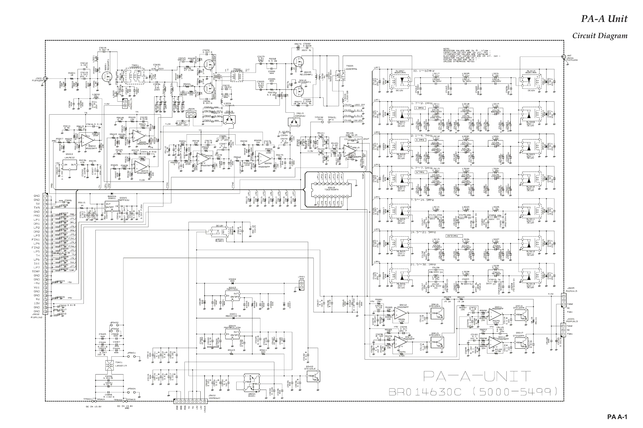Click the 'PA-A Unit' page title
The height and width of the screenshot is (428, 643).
(604, 19)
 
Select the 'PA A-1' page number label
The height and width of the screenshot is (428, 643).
(617, 417)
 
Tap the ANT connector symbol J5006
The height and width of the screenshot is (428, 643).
(563, 57)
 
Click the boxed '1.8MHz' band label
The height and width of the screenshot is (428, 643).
(420, 108)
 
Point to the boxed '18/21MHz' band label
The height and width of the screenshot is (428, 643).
(452, 236)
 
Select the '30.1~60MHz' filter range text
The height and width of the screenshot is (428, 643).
(424, 71)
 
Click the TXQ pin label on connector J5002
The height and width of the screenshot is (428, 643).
(37, 208)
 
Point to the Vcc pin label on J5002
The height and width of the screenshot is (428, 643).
(36, 287)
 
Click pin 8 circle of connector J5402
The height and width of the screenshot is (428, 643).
(205, 401)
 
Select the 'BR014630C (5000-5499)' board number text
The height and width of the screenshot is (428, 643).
(472, 392)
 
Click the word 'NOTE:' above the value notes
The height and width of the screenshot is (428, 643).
(446, 49)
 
